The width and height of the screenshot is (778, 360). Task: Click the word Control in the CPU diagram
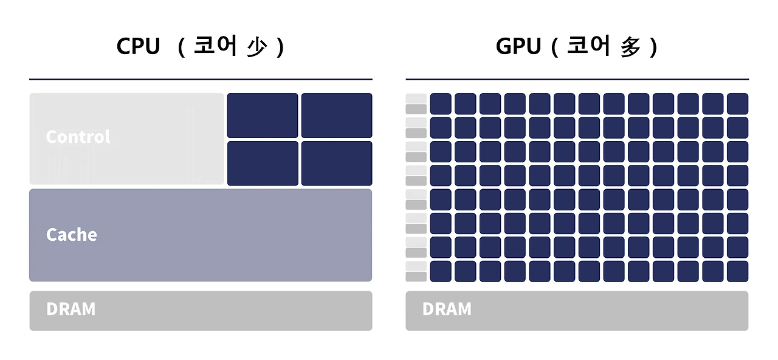coord(78,137)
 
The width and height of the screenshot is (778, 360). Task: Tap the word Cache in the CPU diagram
coord(71,235)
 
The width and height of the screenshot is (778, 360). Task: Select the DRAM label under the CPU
coord(71,309)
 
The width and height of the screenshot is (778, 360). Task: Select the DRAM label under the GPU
coord(447,309)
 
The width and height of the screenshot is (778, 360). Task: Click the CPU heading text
coord(138,47)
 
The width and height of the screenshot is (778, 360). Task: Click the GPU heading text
coord(518,47)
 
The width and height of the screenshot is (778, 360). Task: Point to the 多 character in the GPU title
coord(631,47)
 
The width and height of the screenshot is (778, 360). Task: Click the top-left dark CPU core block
coord(263,115)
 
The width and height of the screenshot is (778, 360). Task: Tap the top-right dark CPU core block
coord(337,115)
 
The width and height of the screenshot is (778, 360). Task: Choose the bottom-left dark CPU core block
coord(263,163)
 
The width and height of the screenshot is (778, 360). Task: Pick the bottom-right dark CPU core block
coord(337,163)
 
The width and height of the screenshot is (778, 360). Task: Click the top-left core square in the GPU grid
coord(441,103)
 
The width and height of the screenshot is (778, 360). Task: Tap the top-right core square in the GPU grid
coord(737,103)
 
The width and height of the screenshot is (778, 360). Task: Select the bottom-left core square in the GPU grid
coord(441,271)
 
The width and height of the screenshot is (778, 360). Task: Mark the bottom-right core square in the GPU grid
coord(737,271)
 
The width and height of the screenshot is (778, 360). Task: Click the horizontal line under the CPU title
coord(201,79)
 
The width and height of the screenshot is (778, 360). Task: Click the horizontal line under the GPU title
coord(577,79)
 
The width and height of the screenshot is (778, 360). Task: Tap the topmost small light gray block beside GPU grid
coord(416,98)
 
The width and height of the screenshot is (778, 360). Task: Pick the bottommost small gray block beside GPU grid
coord(416,277)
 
